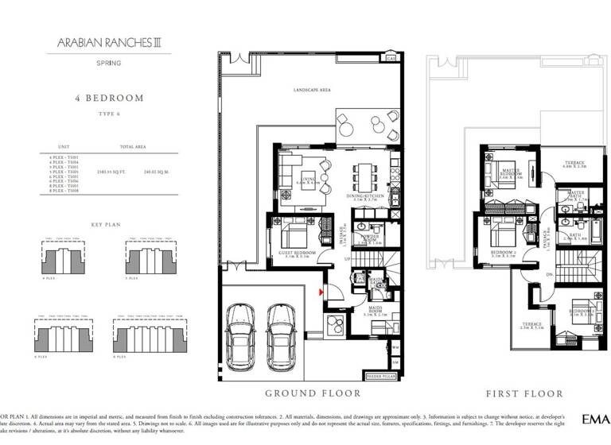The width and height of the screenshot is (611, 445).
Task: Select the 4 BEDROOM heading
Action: coord(109,99)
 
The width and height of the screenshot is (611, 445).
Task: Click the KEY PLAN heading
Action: coord(106,225)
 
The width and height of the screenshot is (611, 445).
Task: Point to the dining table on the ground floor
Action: coord(365,172)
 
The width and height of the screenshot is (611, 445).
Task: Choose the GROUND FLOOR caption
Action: coord(313,393)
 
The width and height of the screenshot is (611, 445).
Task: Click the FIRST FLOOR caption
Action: coord(525,393)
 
